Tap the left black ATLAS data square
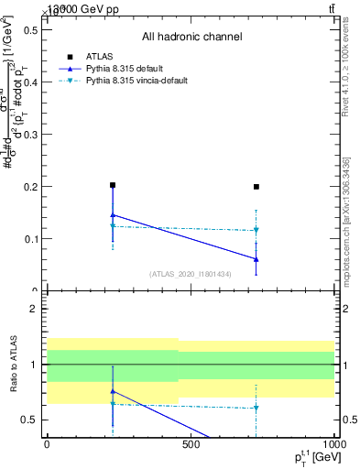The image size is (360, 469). click(113, 185)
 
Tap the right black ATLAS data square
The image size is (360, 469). click(256, 187)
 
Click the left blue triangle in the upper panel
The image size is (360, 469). click(113, 215)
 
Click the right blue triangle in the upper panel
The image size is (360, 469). click(256, 259)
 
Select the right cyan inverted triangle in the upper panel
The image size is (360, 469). click(256, 231)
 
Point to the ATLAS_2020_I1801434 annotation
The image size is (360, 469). click(191, 274)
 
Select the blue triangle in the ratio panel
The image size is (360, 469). click(113, 391)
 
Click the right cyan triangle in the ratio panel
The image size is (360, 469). click(256, 409)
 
